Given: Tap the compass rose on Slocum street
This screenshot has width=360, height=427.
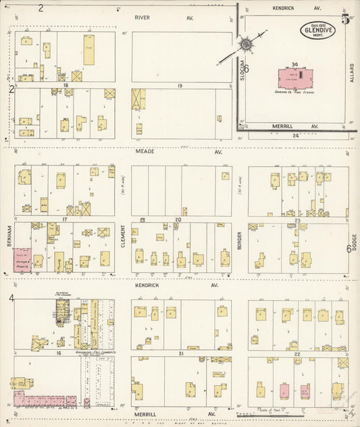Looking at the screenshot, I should point(244,46).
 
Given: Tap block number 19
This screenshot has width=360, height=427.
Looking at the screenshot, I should point(180,86).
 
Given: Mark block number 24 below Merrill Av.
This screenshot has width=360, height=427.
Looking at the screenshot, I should point(295,136).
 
